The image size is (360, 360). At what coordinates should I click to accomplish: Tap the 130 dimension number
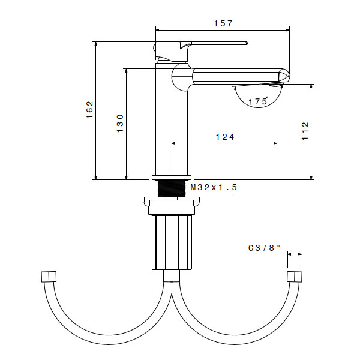click(x=120, y=123)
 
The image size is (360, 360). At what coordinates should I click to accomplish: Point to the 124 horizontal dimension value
click(x=224, y=137)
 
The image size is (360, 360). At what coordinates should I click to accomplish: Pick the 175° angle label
click(x=259, y=101)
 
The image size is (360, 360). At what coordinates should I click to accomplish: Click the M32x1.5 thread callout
click(x=214, y=188)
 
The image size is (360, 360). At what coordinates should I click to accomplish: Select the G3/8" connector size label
click(x=264, y=247)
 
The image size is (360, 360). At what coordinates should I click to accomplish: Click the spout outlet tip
click(x=283, y=77)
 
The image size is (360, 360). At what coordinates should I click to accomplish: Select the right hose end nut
click(x=294, y=277)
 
